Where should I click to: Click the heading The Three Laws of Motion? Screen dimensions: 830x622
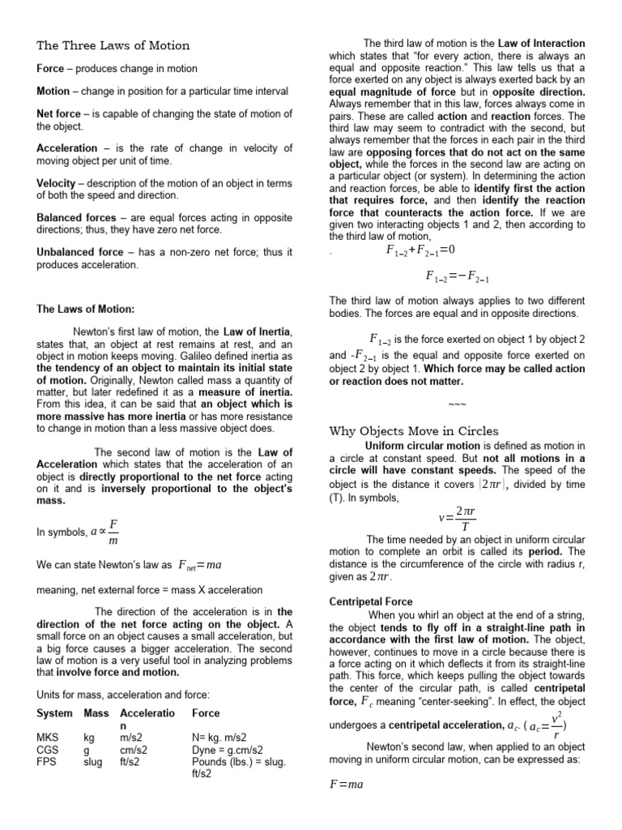pyautogui.click(x=113, y=45)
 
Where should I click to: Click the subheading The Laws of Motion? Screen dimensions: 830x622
pyautogui.click(x=86, y=309)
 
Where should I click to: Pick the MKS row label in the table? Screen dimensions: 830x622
pyautogui.click(x=48, y=738)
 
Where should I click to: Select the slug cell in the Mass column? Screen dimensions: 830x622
pyautogui.click(x=93, y=762)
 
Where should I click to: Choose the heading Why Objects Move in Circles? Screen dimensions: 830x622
pyautogui.click(x=413, y=430)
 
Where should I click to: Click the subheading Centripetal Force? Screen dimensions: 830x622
pyautogui.click(x=369, y=602)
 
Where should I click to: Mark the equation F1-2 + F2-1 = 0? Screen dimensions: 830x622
pyautogui.click(x=421, y=250)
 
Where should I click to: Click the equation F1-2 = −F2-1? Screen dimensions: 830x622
pyautogui.click(x=458, y=276)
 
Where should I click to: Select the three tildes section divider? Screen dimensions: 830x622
pyautogui.click(x=457, y=404)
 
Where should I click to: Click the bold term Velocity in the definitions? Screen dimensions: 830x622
pyautogui.click(x=58, y=183)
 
